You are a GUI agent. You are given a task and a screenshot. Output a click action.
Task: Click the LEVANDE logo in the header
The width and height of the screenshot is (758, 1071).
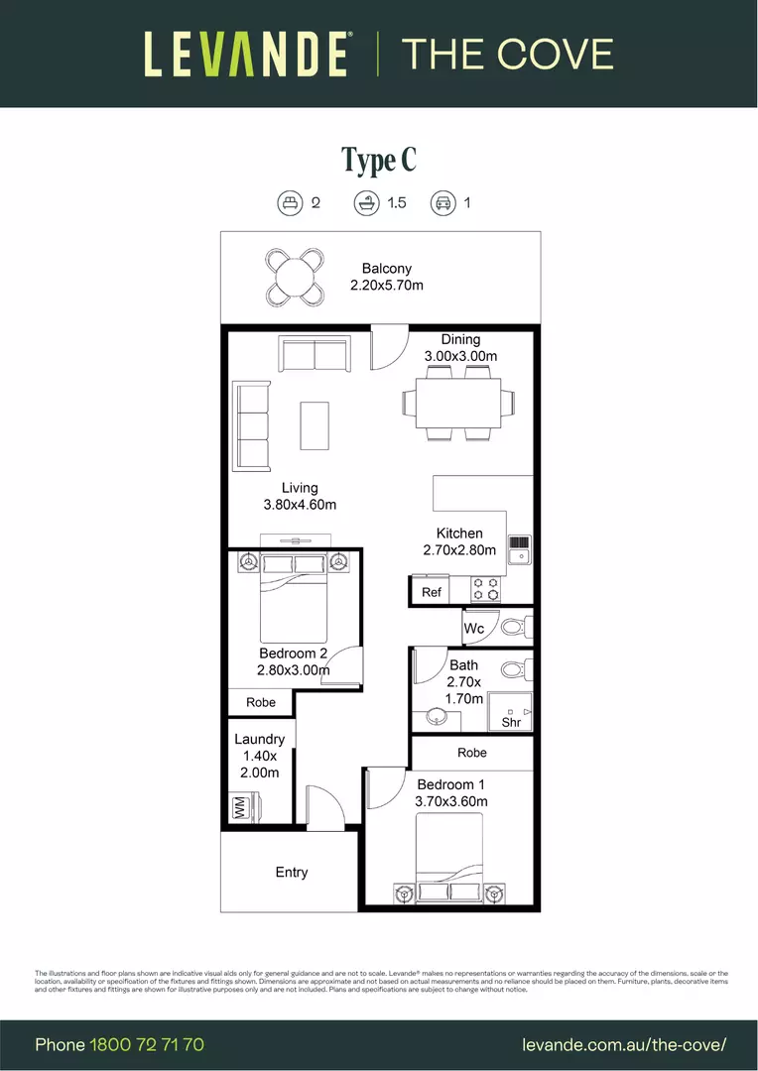pyautogui.click(x=247, y=54)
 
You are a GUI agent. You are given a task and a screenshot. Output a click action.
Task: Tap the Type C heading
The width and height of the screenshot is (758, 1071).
pyautogui.click(x=379, y=160)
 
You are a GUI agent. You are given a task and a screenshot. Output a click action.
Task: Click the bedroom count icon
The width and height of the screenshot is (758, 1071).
pyautogui.click(x=289, y=203)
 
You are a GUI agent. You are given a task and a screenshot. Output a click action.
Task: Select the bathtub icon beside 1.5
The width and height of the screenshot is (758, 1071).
pyautogui.click(x=367, y=203)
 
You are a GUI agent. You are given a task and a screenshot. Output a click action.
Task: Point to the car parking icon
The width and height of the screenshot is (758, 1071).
pyautogui.click(x=442, y=203)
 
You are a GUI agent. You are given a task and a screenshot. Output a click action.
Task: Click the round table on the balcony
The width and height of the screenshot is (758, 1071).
pyautogui.click(x=295, y=277)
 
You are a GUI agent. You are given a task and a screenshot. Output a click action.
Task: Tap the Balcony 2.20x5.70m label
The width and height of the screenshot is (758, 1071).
pyautogui.click(x=387, y=277)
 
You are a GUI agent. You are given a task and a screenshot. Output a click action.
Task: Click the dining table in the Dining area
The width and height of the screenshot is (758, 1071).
pyautogui.click(x=458, y=402)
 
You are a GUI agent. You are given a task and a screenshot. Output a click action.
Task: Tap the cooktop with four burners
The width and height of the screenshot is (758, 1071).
pyautogui.click(x=485, y=589)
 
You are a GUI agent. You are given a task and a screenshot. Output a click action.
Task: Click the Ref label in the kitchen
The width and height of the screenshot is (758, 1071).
pyautogui.click(x=432, y=592)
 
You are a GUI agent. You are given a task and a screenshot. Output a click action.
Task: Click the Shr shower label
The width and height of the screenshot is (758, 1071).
pyautogui.click(x=512, y=723)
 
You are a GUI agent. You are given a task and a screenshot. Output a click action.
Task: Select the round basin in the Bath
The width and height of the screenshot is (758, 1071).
pyautogui.click(x=438, y=715)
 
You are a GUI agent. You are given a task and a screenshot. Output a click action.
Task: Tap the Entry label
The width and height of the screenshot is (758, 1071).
pyautogui.click(x=292, y=873)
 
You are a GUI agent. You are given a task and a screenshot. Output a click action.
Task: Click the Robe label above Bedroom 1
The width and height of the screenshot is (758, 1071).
pyautogui.click(x=473, y=753)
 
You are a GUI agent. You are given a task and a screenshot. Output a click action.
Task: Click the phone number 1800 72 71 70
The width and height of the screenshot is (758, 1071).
pyautogui.click(x=147, y=1044)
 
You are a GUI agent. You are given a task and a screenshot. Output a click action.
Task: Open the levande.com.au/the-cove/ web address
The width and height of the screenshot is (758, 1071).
pyautogui.click(x=624, y=1044)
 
